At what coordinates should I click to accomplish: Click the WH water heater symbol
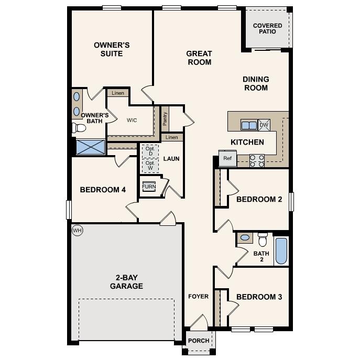click(78, 230)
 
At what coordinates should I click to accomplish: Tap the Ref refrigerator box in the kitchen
click(227, 158)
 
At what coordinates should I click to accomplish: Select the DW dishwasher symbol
click(264, 125)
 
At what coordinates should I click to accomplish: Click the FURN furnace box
click(149, 187)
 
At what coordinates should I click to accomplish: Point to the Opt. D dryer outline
click(150, 150)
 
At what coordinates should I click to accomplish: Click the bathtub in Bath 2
click(281, 251)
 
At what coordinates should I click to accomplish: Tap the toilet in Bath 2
click(263, 239)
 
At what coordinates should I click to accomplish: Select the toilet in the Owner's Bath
click(80, 127)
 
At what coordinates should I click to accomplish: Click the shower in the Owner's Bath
click(91, 147)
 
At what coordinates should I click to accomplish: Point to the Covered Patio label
click(267, 28)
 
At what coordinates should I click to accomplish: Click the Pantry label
click(165, 118)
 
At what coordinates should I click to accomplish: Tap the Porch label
click(199, 341)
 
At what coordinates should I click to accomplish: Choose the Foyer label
click(199, 297)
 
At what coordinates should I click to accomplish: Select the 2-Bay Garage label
click(126, 282)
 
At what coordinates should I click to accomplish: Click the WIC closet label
click(132, 120)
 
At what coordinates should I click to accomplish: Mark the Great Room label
click(199, 58)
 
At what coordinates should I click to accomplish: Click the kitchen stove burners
click(257, 160)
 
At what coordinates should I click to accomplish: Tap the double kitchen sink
click(248, 125)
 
